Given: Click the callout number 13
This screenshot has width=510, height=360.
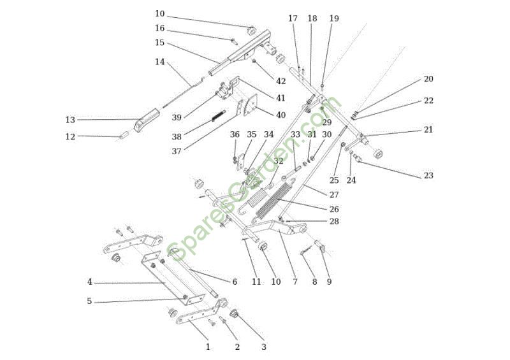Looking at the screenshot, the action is coord(70,120).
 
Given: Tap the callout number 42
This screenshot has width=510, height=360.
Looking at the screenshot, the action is coord(281,82).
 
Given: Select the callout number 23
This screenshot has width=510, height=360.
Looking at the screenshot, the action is coord(428,176).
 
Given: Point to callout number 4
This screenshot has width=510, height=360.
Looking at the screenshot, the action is coord(89,282).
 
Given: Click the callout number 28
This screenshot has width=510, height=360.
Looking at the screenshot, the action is coord(334,222).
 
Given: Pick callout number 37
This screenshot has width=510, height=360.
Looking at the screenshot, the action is coord(177,152).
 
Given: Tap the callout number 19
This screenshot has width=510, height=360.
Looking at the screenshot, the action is coord(334,18).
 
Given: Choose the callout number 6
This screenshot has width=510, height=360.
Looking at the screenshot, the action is coord(235,282).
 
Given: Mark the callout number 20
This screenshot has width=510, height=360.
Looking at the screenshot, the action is coord(428,79).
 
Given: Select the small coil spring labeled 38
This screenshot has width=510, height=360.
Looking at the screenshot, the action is coord(219,116).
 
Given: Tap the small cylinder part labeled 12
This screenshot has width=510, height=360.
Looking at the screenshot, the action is coord(124,134).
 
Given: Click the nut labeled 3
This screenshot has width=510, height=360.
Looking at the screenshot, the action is coord(234,315).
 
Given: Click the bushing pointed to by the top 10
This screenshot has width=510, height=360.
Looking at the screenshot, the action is coord(252,31).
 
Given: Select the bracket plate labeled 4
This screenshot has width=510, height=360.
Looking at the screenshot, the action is coord(173,279).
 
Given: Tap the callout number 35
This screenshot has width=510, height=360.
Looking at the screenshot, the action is coord(252,134).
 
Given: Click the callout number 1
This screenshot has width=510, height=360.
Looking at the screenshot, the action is coord(208,347).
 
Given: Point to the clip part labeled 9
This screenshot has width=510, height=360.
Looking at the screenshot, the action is coord(321,246).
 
